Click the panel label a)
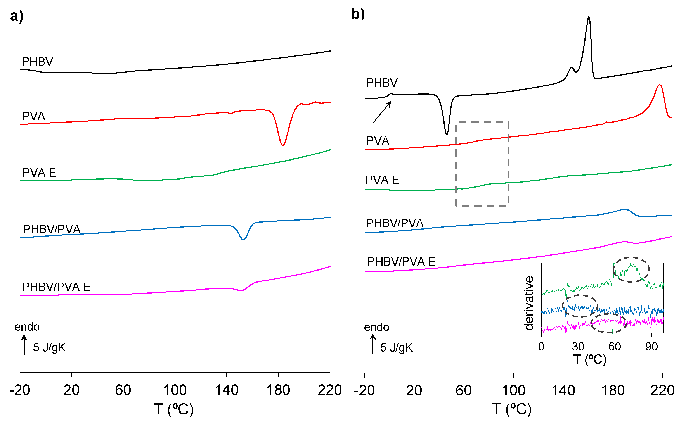point(17,16)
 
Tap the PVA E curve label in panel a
point(39,173)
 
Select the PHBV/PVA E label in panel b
point(401,262)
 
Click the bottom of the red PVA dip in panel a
point(282,145)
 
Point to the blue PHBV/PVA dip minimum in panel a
point(244,240)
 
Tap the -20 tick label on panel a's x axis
point(20,390)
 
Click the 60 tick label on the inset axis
point(615,347)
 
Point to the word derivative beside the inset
point(529,303)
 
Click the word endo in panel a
point(27,327)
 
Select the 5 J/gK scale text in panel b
point(396,348)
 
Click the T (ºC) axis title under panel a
point(173,409)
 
